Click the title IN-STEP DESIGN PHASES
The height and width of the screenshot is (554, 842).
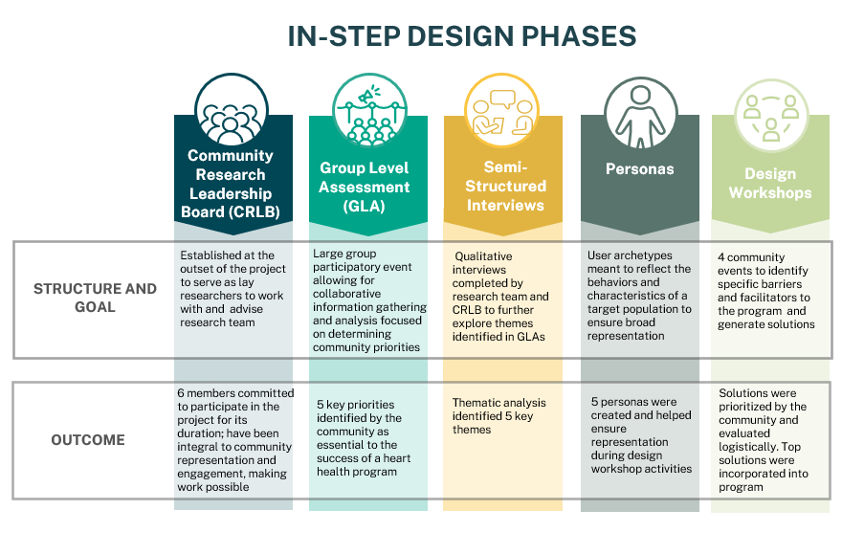coord(462,36)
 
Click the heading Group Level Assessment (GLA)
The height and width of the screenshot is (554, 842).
coord(365,187)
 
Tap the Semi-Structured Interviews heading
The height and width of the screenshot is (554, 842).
coord(499,187)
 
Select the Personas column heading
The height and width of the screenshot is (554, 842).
coord(639,169)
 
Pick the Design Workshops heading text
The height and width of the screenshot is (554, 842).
coord(769,183)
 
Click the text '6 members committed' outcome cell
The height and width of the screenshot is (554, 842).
coord(233,440)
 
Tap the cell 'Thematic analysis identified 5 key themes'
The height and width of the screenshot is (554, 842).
coord(499,416)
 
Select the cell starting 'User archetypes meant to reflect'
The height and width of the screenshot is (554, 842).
coord(639,297)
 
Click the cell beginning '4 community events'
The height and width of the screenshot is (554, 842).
coord(769,291)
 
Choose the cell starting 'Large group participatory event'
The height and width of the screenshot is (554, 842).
coord(367,300)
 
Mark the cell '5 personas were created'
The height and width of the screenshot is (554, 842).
coord(639,435)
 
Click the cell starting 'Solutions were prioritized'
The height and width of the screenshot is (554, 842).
coord(769,440)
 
